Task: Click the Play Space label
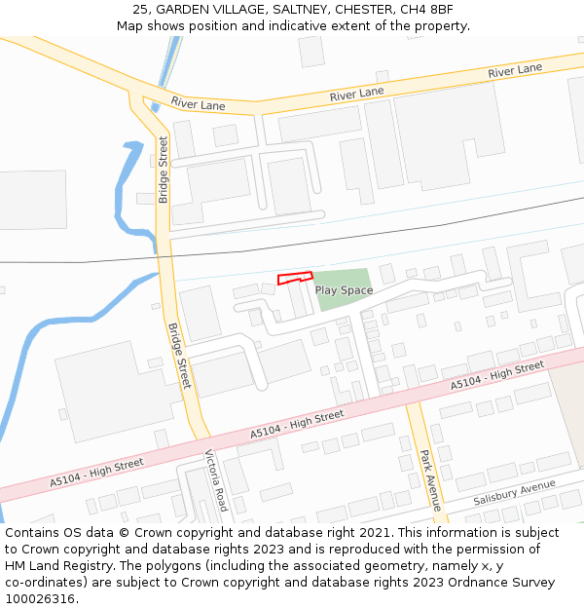[344, 290]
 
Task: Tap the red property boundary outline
[295, 279]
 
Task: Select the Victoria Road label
[215, 479]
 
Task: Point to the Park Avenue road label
[430, 479]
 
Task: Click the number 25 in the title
[140, 10]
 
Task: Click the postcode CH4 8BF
[427, 10]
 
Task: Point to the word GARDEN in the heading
[182, 10]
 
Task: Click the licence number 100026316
[41, 599]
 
